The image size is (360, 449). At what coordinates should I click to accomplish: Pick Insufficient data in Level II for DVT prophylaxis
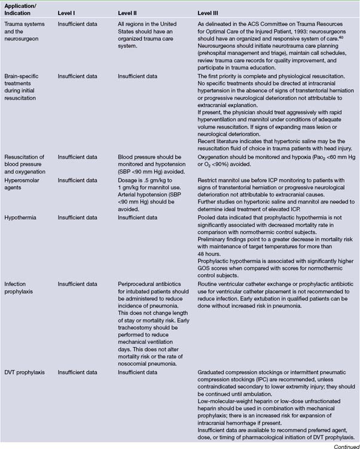138,372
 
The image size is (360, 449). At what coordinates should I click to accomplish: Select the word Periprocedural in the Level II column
139,283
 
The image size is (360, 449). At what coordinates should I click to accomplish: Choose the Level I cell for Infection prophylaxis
77,283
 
